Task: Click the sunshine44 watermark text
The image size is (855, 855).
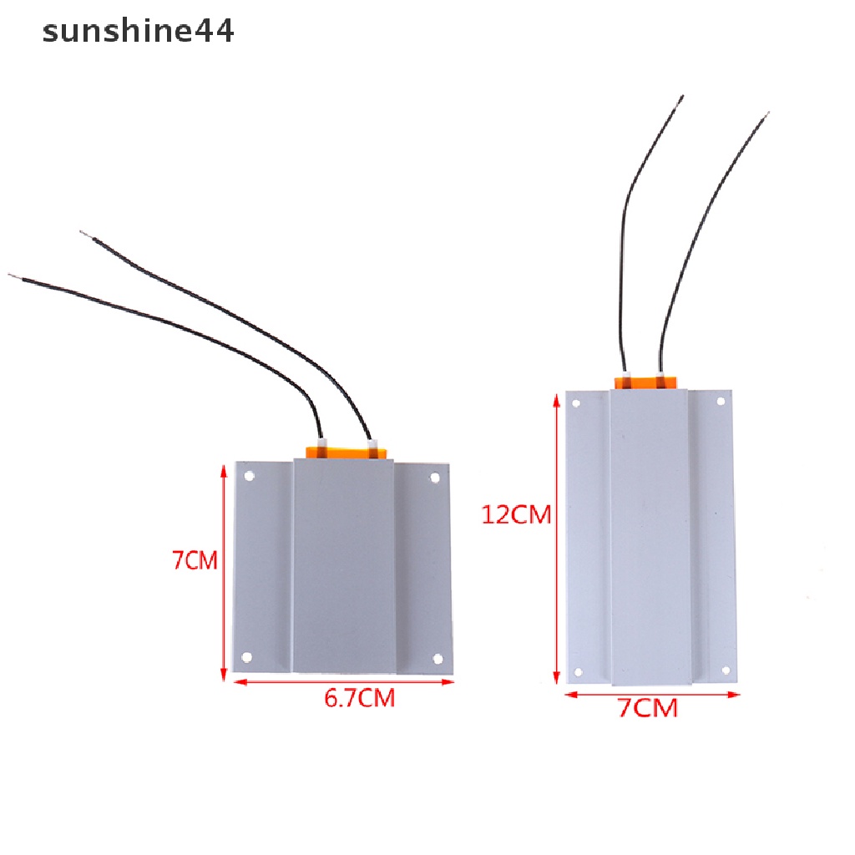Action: click(x=139, y=32)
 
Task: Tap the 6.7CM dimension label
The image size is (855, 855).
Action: click(x=359, y=698)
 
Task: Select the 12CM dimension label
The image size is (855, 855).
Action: click(x=516, y=514)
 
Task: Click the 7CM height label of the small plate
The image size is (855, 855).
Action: click(x=195, y=560)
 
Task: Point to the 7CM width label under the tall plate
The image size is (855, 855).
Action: click(x=647, y=709)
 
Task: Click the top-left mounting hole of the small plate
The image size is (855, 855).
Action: click(x=249, y=478)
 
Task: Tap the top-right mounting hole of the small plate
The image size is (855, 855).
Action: click(x=434, y=478)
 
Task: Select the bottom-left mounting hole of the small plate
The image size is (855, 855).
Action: click(x=246, y=657)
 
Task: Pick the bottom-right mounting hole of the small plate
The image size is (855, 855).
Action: click(x=438, y=659)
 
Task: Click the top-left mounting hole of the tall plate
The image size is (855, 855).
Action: click(x=577, y=403)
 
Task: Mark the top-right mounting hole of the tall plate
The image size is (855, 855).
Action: click(x=721, y=402)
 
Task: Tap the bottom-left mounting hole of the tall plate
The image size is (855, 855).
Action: click(x=577, y=670)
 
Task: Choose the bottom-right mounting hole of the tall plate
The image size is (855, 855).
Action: click(x=726, y=670)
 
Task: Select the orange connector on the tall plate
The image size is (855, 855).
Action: click(x=646, y=383)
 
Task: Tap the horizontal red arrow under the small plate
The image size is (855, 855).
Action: click(x=343, y=682)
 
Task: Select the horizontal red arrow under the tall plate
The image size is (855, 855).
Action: click(x=652, y=694)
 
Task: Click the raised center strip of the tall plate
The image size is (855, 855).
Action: click(x=650, y=534)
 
